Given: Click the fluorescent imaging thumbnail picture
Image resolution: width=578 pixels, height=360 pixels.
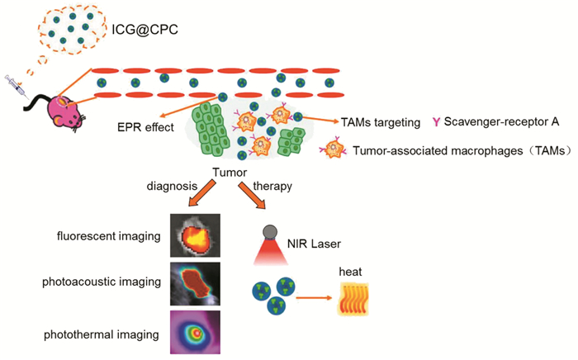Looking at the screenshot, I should tap(196, 237).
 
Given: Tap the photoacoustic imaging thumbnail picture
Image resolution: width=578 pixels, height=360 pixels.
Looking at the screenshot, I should tap(196, 282).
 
